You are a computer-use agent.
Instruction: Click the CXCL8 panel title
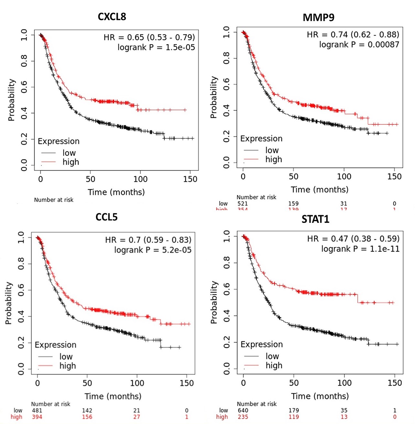click(x=112, y=16)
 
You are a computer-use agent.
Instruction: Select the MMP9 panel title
click(x=318, y=17)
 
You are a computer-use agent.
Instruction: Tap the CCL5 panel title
click(x=106, y=217)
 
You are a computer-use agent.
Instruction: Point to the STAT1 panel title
click(x=315, y=219)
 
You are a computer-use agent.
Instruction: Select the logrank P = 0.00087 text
click(x=359, y=45)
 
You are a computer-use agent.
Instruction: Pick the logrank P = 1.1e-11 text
click(x=360, y=249)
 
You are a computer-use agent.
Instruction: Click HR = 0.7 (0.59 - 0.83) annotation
click(x=148, y=240)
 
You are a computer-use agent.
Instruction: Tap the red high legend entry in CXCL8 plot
click(x=71, y=162)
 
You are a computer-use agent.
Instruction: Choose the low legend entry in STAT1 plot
click(x=272, y=356)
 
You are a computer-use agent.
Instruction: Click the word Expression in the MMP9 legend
click(x=261, y=139)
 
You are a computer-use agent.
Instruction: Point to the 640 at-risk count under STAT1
click(x=243, y=410)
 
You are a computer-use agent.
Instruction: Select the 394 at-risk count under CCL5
click(x=37, y=417)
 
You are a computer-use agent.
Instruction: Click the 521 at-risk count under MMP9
click(x=243, y=204)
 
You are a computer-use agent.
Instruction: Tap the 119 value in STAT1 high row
click(x=293, y=417)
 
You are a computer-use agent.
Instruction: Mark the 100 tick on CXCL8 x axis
click(x=140, y=179)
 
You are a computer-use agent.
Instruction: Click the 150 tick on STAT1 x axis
click(x=395, y=383)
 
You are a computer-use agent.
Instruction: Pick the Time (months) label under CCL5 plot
click(x=113, y=396)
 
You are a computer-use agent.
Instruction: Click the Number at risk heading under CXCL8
click(x=54, y=200)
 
